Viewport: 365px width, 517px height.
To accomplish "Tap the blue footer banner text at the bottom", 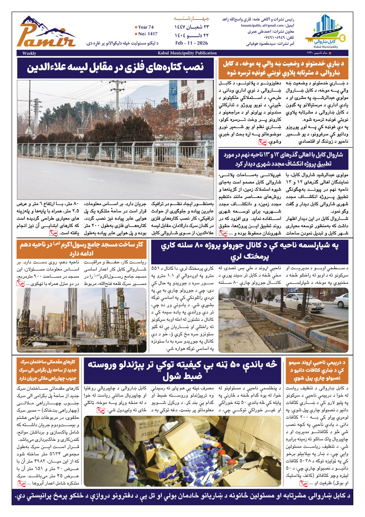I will (x=182, y=496).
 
